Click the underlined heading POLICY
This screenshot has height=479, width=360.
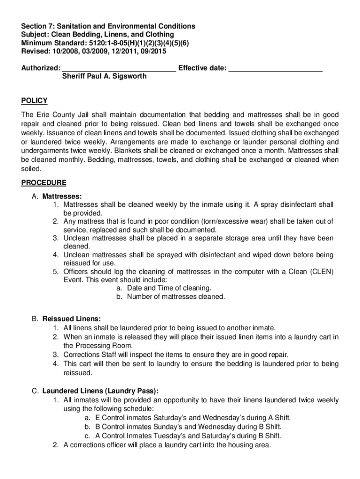(x=34, y=101)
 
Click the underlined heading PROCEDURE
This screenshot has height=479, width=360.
(x=43, y=182)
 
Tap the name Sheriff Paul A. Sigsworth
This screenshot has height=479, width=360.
(x=104, y=76)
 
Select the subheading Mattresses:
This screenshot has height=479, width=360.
(x=62, y=196)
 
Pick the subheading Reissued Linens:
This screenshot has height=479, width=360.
(x=72, y=319)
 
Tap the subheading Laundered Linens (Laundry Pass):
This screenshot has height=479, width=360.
(x=101, y=391)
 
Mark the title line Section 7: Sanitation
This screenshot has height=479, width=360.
(x=108, y=26)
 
